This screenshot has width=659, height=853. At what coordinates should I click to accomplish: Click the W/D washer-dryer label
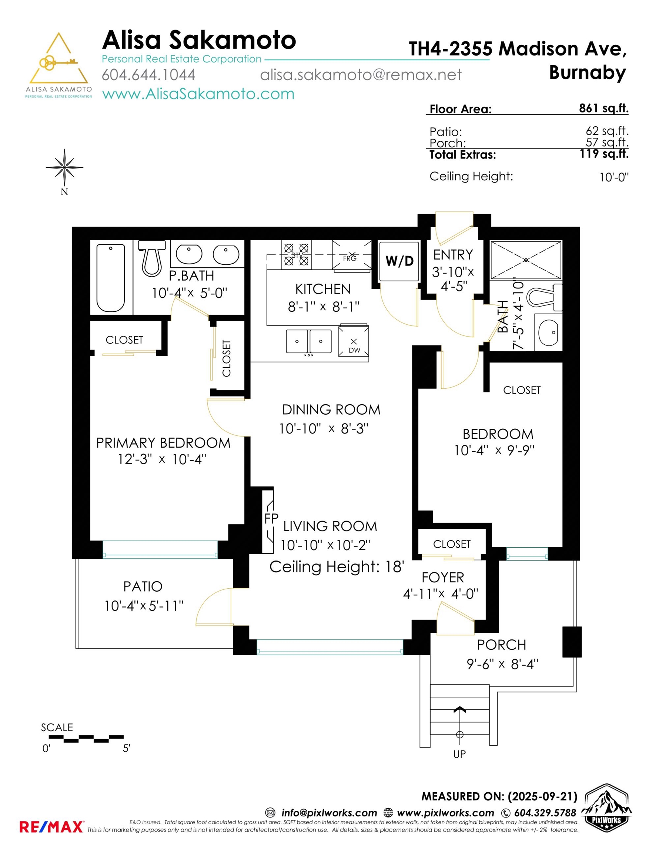pos(399,261)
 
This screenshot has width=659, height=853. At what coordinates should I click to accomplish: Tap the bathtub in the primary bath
pos(111,278)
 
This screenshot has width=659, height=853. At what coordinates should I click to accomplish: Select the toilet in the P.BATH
pos(152,258)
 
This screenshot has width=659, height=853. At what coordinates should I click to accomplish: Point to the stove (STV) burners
pos(296,255)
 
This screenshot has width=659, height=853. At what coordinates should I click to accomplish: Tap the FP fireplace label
pos(271,519)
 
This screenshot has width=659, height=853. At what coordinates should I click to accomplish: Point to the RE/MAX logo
pos(51,827)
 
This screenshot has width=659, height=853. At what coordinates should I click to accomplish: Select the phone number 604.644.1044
pos(148,74)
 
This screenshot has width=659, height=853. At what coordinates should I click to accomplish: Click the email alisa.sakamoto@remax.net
pos(361,74)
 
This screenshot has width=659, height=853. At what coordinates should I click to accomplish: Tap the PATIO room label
pos(143,586)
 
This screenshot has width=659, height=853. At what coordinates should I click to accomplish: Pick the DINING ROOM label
pos(331,410)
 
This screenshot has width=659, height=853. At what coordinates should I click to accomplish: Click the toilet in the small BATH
pos(545,297)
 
